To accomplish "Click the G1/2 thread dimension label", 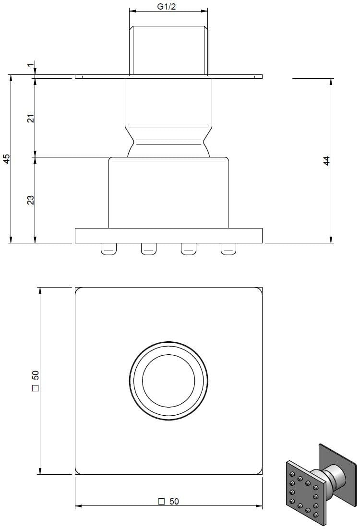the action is pos(167,6).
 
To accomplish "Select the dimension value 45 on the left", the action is pos(6,158).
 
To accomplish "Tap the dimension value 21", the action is pos(31,118).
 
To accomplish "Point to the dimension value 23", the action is pos(31,200).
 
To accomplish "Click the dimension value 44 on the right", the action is pos(326,161).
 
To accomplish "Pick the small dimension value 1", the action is pos(31,65).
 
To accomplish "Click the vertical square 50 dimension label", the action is pos(35,381).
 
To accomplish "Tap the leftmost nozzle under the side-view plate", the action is pos(108,249).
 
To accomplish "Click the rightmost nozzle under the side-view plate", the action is pos(228,249).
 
